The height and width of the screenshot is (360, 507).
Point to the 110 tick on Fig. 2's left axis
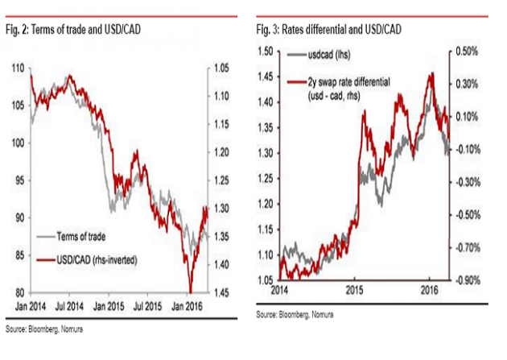click(x=18, y=69)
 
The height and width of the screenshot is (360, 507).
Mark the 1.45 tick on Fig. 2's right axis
click(x=224, y=292)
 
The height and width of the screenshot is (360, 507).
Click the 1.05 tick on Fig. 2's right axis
click(x=224, y=69)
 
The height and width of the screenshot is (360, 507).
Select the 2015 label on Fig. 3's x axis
click(x=356, y=288)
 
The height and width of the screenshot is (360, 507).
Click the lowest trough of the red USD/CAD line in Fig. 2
click(x=191, y=292)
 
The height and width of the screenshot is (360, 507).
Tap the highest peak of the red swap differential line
click(x=431, y=73)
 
